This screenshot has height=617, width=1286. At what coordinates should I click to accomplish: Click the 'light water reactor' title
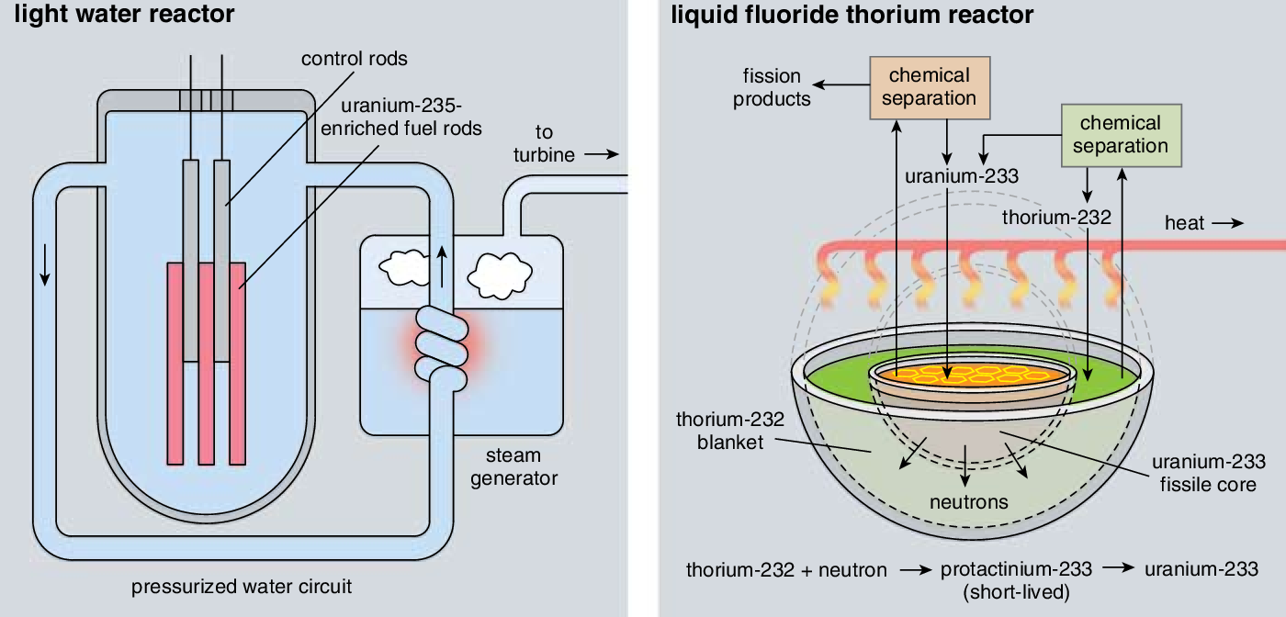[x=125, y=15]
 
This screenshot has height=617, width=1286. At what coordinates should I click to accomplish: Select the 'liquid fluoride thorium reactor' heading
[x=852, y=15]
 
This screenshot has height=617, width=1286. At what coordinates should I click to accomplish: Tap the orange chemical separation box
[x=929, y=87]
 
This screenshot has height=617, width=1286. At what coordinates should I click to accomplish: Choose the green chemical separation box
[x=1120, y=135]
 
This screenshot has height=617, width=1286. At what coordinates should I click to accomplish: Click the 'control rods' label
[x=355, y=59]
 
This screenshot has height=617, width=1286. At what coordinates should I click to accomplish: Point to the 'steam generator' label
[x=513, y=466]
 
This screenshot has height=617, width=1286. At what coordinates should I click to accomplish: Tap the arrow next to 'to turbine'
[x=602, y=154]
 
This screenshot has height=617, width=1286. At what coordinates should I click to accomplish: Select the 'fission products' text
[x=772, y=87]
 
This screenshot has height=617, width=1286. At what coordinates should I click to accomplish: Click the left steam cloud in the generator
[x=404, y=268]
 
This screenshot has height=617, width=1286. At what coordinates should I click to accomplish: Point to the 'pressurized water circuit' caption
[x=242, y=586]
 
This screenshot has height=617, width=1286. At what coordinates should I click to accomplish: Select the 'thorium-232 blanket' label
[x=730, y=431]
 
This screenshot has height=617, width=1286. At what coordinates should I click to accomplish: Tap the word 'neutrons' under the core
[x=968, y=502]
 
